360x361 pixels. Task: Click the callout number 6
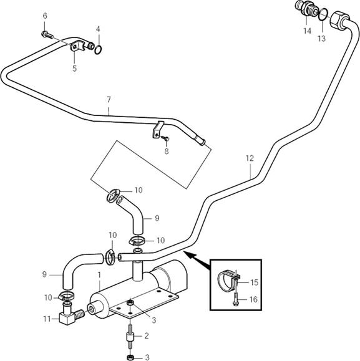pyautogui.click(x=45, y=16)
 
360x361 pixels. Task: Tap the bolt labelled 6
pyautogui.click(x=47, y=35)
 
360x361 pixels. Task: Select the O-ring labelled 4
pyautogui.click(x=98, y=50)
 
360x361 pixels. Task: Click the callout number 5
pyautogui.click(x=74, y=69)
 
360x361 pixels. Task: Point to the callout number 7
pyautogui.click(x=109, y=100)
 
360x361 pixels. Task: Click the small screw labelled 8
pyautogui.click(x=166, y=138)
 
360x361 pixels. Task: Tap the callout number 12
pyautogui.click(x=250, y=158)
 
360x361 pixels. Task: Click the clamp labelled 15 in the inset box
pyautogui.click(x=228, y=279)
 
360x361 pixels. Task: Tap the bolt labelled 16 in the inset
pyautogui.click(x=235, y=299)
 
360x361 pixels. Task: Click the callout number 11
pyautogui.click(x=47, y=319)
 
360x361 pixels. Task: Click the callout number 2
pyautogui.click(x=147, y=336)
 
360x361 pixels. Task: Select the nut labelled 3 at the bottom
pyautogui.click(x=130, y=357)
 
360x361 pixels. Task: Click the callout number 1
pyautogui.click(x=99, y=275)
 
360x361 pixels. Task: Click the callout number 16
pyautogui.click(x=253, y=299)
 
